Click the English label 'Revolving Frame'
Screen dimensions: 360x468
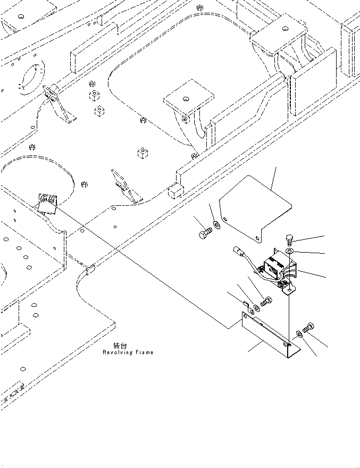click(x=128, y=352)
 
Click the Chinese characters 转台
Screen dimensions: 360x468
click(x=120, y=346)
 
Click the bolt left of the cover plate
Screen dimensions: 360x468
click(x=205, y=233)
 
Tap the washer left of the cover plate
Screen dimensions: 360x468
click(x=217, y=225)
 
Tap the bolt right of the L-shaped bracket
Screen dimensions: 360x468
click(x=308, y=328)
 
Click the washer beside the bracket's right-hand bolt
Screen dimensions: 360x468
click(x=299, y=333)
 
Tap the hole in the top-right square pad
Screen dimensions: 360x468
click(x=286, y=29)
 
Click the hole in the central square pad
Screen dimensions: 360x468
click(x=186, y=99)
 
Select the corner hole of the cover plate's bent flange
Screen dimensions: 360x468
click(x=257, y=238)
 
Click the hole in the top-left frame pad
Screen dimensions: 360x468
click(x=21, y=16)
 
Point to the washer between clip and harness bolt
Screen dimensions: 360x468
click(x=257, y=307)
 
